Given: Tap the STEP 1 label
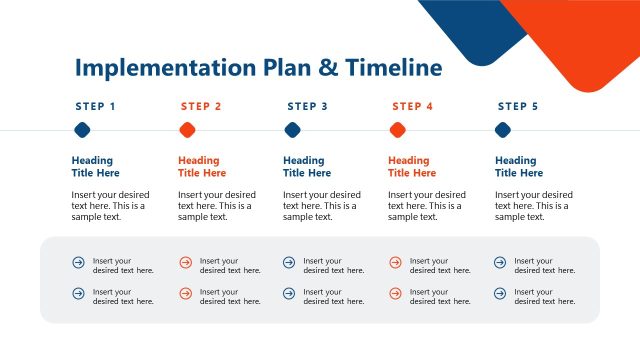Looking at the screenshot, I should pos(95,106).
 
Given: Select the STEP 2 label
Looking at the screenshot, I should pos(201,106).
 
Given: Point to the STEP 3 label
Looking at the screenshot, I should pos(307,106).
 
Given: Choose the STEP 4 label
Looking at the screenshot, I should pos(413,106).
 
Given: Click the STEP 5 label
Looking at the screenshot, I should pos(518,106).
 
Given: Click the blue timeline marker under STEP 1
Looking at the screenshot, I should pos(82,130).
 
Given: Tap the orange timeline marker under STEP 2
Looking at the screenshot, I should pos(187,130).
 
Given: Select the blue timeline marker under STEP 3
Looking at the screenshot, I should pos(292,130).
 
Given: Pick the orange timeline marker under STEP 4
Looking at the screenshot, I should pos(397,130).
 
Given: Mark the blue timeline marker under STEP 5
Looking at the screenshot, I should pos(503,130).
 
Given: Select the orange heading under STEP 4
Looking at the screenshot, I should pos(409,166).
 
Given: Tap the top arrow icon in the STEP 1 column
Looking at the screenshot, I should pos(79,263).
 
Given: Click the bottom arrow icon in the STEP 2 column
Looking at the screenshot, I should pos(185,294).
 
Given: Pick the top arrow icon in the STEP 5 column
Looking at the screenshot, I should pos(500,263).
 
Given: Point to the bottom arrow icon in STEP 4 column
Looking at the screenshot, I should pos(395,294).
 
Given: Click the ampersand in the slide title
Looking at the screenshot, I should pos(328,68).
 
